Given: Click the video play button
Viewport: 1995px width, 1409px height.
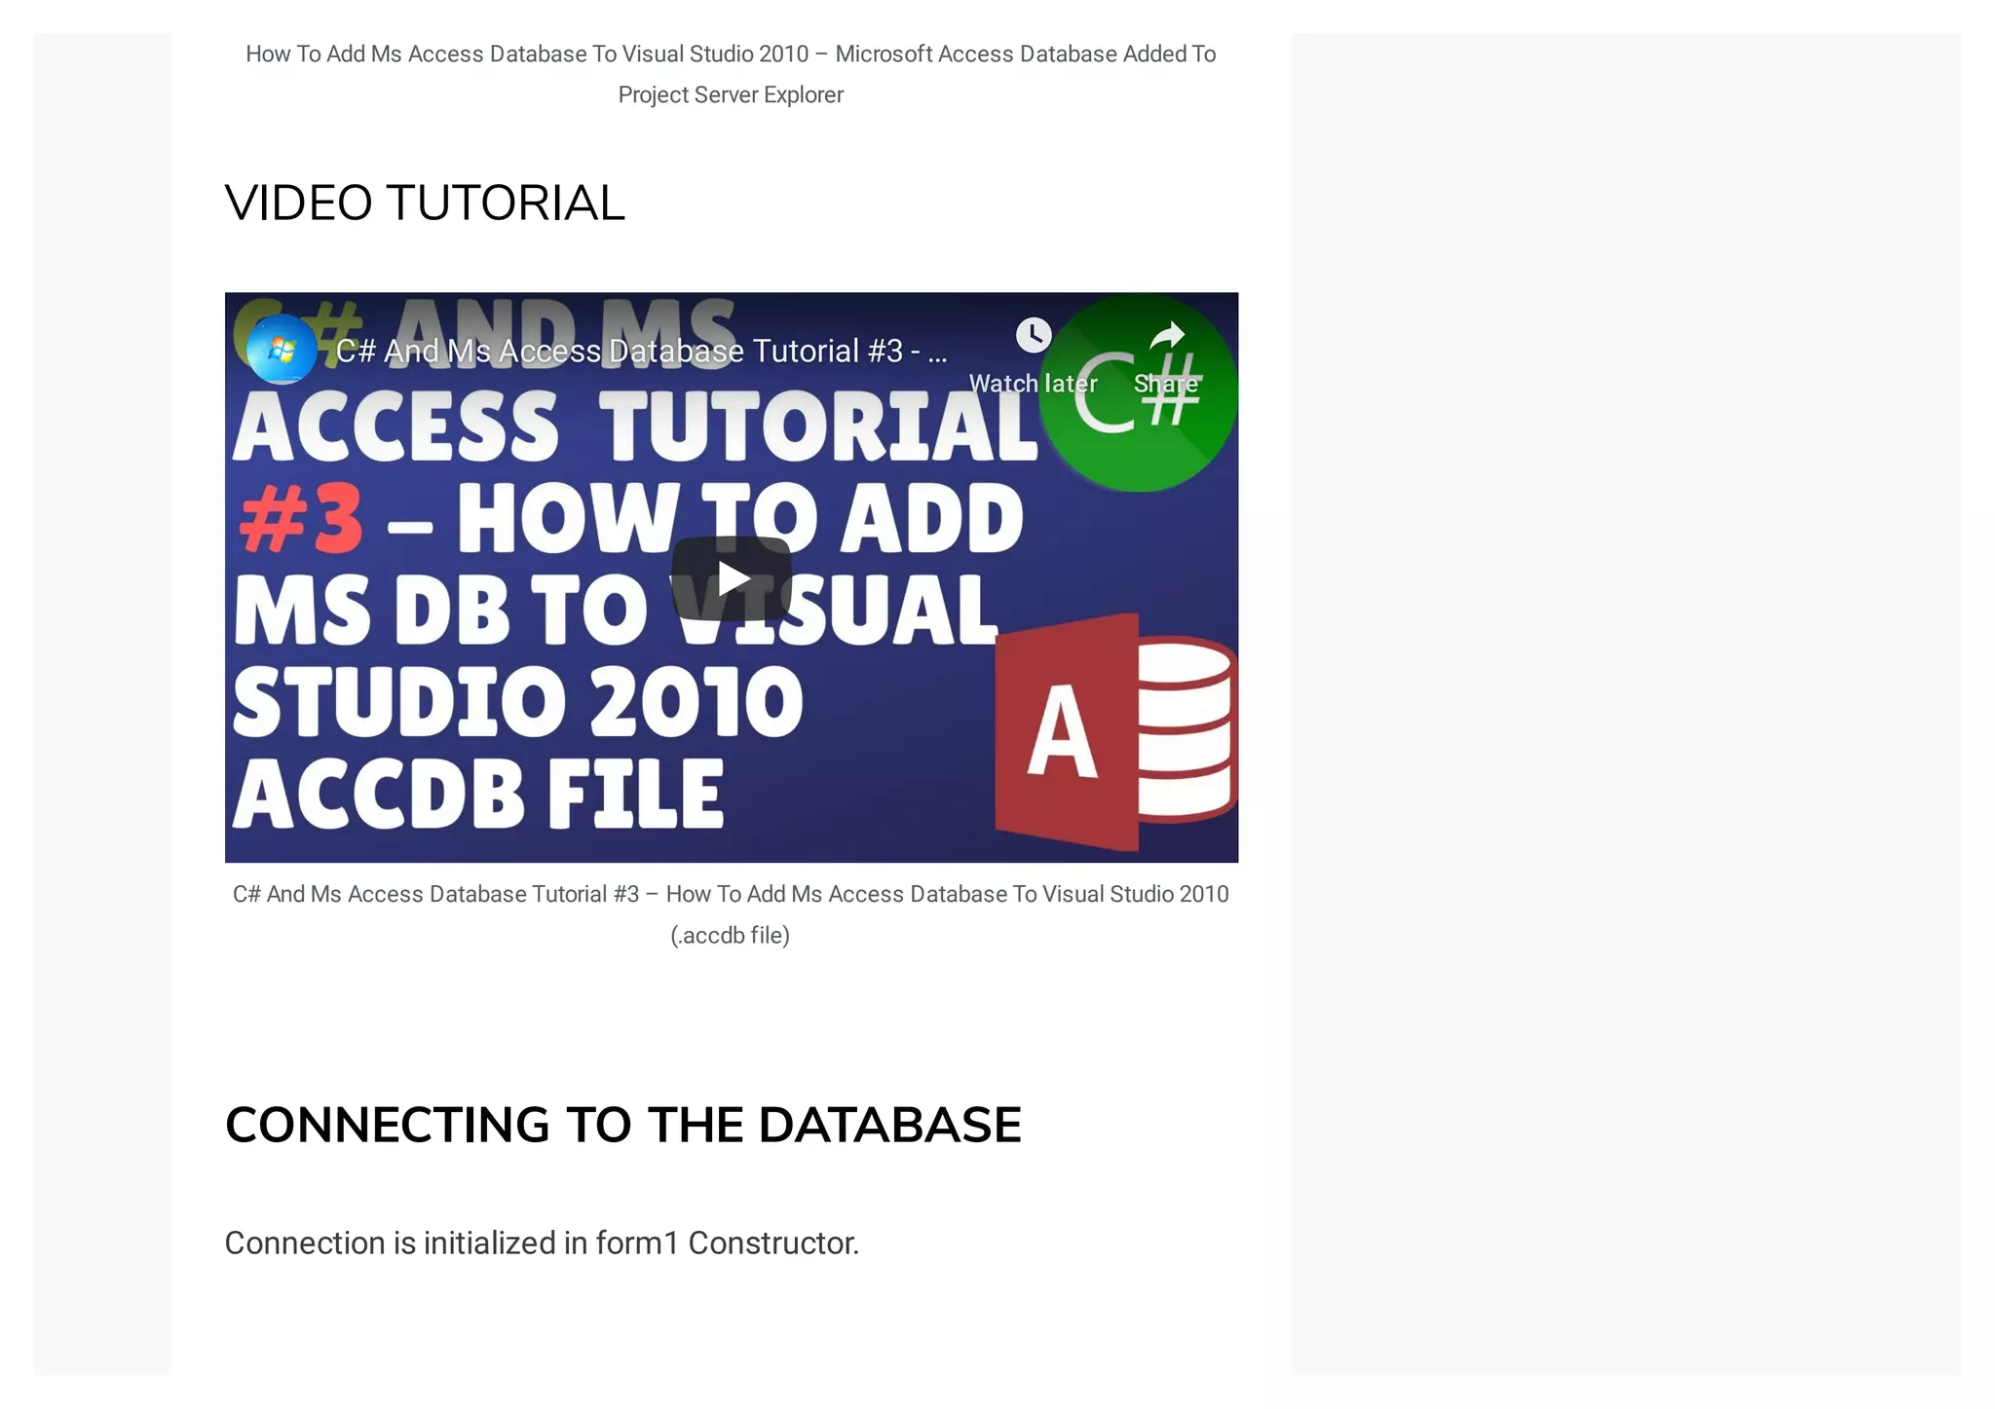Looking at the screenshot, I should click(731, 578).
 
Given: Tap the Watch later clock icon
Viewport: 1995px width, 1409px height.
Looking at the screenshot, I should click(1033, 336).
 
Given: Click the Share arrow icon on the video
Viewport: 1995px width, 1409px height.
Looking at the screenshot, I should click(1167, 337).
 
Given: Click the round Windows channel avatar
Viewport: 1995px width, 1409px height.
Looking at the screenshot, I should click(282, 350).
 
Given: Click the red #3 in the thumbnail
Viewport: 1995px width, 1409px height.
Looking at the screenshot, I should click(301, 519).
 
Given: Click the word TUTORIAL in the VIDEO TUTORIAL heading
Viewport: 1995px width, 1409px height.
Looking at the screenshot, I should click(506, 204).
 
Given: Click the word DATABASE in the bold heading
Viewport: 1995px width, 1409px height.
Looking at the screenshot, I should click(889, 1126).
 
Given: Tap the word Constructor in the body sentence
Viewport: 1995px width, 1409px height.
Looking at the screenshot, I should click(773, 1243).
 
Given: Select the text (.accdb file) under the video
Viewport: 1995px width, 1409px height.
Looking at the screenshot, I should click(730, 936).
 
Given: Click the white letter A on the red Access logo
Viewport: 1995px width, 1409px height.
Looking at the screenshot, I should click(1063, 730).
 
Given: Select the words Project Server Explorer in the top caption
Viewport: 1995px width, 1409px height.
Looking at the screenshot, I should click(731, 95).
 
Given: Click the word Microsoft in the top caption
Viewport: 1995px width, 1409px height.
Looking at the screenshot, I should click(884, 55).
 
